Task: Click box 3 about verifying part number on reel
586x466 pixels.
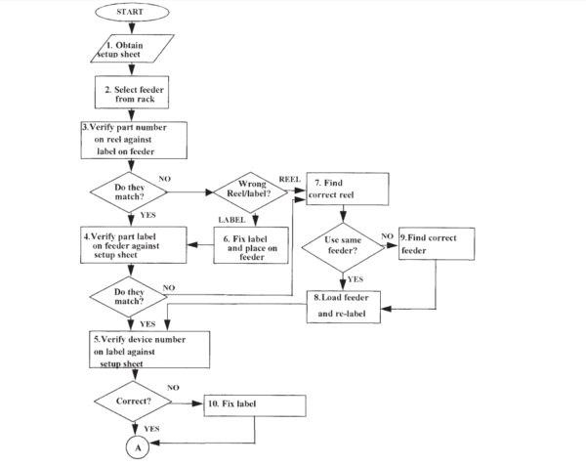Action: click(133, 139)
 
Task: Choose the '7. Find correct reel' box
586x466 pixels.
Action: click(348, 189)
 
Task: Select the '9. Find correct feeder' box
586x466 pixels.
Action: click(436, 244)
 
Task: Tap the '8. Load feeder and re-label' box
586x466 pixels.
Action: click(346, 305)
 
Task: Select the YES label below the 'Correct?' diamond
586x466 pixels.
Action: click(152, 429)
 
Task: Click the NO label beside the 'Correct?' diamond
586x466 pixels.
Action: click(174, 388)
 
